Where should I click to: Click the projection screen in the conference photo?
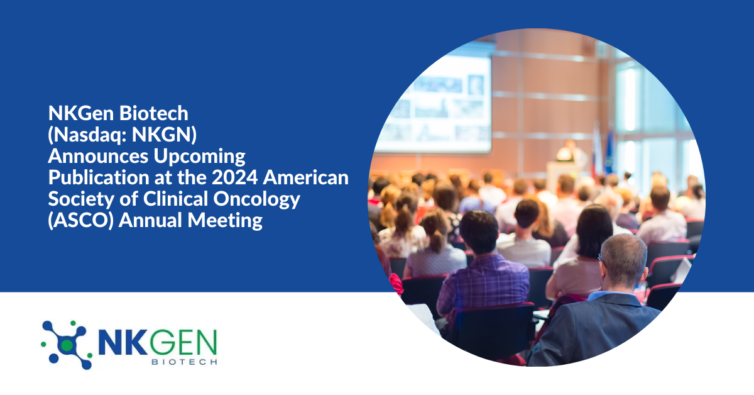coord(434,104)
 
